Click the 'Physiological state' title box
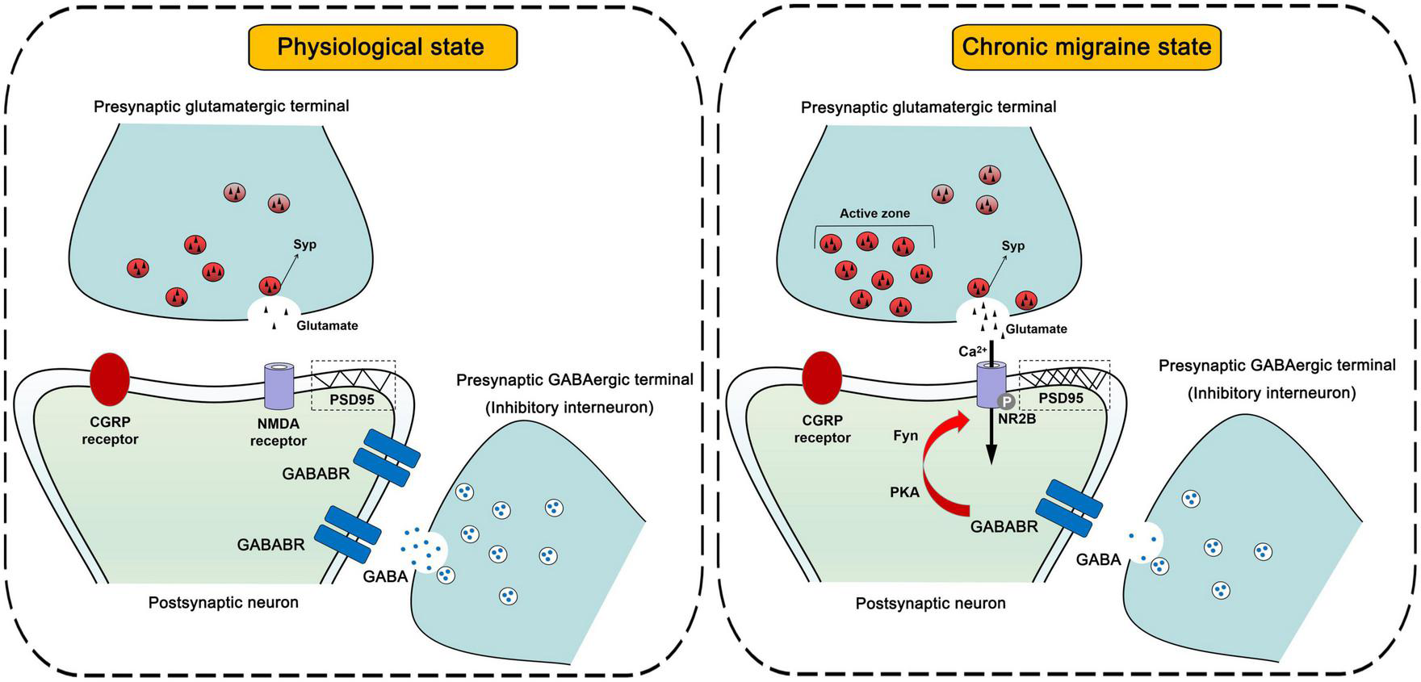381,47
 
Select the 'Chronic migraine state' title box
1087,47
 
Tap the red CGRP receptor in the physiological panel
109,379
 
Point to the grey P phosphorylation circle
1007,401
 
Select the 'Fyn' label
905,436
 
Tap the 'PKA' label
904,492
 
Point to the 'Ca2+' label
971,351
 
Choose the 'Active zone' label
874,214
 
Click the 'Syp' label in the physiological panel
304,245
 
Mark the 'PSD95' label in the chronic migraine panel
1061,398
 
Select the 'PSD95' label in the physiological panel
351,399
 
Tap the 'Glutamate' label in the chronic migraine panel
1037,329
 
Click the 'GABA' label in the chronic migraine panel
1098,559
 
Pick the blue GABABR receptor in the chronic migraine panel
1069,508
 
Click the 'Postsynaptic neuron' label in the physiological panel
224,602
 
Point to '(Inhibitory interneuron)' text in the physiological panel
569,408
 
